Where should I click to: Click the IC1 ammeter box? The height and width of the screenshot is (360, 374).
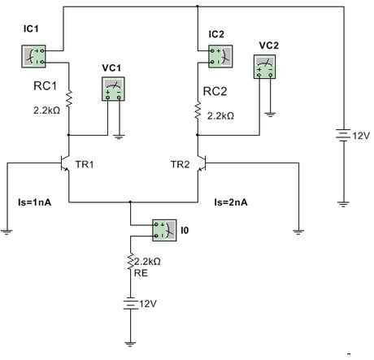(x=33, y=56)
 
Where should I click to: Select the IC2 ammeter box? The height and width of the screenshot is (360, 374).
(x=220, y=56)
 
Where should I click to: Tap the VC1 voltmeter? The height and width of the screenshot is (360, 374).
(x=113, y=89)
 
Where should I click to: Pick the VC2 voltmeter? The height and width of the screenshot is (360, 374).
(x=264, y=67)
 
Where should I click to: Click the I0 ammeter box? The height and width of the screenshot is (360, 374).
(x=164, y=230)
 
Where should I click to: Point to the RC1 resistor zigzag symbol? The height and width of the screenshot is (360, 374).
(x=69, y=99)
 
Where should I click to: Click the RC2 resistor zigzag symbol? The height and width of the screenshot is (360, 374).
(x=198, y=111)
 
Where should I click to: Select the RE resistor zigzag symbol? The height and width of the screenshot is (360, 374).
(x=131, y=262)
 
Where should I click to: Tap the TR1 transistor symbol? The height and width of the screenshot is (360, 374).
(x=65, y=163)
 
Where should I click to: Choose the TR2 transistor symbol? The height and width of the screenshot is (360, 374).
(x=202, y=163)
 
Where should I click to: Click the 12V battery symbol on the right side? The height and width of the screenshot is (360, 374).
(x=343, y=135)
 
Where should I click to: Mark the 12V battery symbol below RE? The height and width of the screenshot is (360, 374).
(x=131, y=303)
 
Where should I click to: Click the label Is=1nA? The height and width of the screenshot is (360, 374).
(x=34, y=202)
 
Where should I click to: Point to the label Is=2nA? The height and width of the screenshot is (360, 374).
(x=231, y=202)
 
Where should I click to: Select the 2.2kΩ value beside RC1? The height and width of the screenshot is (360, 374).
(x=46, y=111)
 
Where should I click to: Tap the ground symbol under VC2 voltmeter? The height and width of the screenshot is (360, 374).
(x=270, y=114)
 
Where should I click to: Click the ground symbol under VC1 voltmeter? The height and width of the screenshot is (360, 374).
(x=119, y=137)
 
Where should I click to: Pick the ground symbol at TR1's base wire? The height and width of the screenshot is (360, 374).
(x=7, y=232)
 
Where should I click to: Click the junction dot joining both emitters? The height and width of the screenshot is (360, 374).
(x=130, y=202)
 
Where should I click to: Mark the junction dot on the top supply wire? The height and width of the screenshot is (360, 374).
(x=198, y=6)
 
